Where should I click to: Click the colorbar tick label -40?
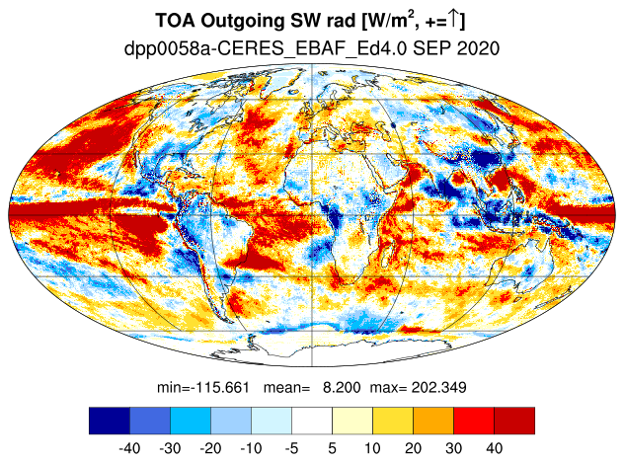[129, 448]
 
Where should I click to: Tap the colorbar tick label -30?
[170, 448]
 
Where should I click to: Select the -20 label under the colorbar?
[210, 448]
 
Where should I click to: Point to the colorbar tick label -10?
[251, 448]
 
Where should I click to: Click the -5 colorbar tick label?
[291, 448]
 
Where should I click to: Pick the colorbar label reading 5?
[333, 448]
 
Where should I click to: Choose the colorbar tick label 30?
[453, 448]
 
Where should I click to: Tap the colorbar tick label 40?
[494, 448]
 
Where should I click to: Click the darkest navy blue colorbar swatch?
[110, 421]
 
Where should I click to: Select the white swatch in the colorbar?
[312, 421]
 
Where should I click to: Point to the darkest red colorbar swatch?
[514, 421]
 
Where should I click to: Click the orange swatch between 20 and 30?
[433, 421]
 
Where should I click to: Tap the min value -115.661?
[220, 387]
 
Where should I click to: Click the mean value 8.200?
[342, 387]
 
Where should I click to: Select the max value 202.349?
[438, 387]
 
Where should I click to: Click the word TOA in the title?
[176, 21]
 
